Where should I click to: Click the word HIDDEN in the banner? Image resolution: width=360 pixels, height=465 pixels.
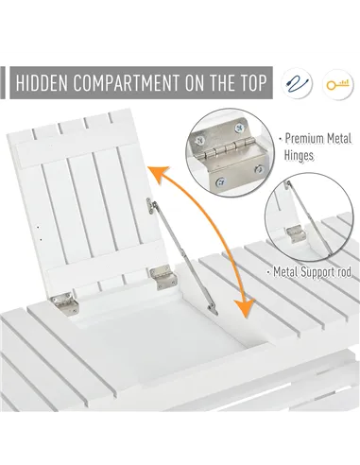click(x=42, y=83)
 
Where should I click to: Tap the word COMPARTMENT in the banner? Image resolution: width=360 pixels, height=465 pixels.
click(x=127, y=83)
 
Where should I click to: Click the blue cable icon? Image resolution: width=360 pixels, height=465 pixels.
click(x=296, y=83)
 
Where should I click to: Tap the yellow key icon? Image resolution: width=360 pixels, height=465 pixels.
click(x=337, y=84)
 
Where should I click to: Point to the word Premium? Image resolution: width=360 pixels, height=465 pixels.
click(x=304, y=139)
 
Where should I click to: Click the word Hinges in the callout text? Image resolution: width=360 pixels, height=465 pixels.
click(x=299, y=155)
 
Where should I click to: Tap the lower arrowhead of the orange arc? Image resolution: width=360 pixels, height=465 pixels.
click(x=245, y=307)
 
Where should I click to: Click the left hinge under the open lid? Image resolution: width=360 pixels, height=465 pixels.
click(x=65, y=302)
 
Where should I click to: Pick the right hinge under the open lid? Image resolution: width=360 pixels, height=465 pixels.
click(x=163, y=277)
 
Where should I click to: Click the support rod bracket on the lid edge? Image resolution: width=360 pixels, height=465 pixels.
click(x=151, y=206)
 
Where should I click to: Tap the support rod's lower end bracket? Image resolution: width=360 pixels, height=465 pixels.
click(x=213, y=309)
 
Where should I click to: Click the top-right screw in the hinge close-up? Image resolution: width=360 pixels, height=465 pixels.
click(x=239, y=128)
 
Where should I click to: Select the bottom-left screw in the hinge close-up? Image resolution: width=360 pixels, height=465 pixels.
click(x=220, y=181)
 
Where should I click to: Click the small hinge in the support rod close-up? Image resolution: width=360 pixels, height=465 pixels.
click(x=296, y=234)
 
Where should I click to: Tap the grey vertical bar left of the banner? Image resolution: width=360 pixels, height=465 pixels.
click(x=3, y=82)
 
